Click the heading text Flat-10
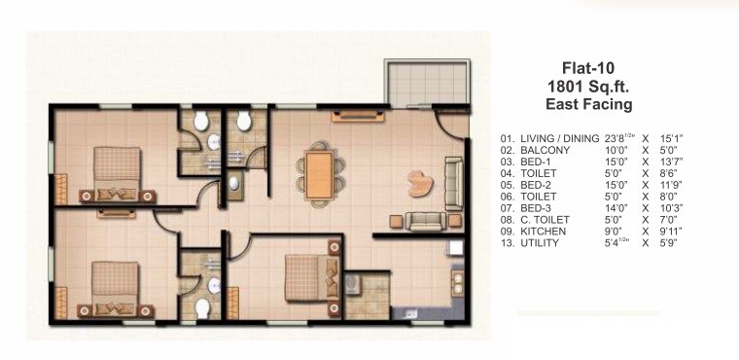(588, 68)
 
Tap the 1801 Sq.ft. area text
(588, 87)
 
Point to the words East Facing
(588, 104)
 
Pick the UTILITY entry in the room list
(541, 242)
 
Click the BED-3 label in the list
(538, 208)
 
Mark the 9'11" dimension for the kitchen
(672, 231)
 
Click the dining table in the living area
(318, 172)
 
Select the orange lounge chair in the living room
(420, 182)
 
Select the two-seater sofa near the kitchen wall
(424, 221)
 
